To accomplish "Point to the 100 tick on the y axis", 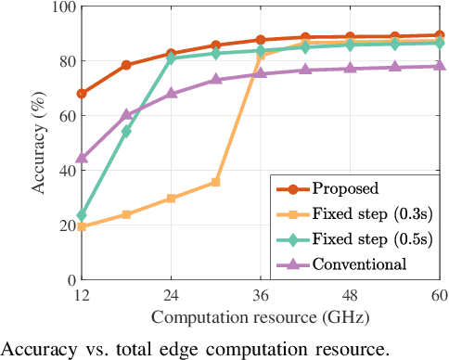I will click(61, 7).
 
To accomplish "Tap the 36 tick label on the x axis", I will click(261, 296).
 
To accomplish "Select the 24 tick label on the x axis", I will click(171, 296).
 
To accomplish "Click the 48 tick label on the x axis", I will click(350, 296).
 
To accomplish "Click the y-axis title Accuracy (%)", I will click(38, 144).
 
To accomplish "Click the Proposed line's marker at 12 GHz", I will click(82, 94).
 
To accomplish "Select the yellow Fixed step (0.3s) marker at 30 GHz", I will click(215, 182).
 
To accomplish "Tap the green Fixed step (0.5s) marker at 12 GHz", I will click(82, 215).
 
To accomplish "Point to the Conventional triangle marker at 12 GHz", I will click(82, 158).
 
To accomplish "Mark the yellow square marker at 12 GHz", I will click(82, 226).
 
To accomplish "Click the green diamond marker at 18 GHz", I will click(126, 132).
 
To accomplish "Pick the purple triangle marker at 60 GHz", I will click(439, 66).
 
